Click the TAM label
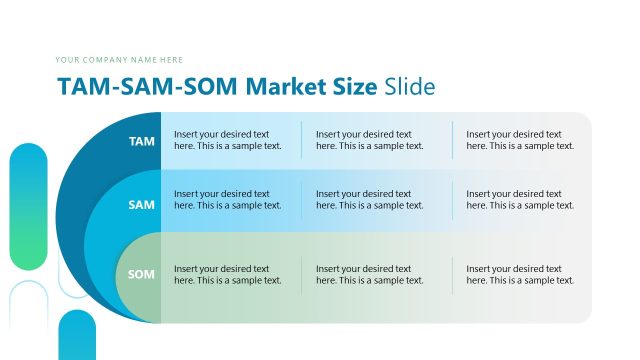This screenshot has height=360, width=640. pos(142,141)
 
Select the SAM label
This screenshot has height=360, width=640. pos(142,205)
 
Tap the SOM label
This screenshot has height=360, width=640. pos(142,274)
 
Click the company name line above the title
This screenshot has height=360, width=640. pos(119,60)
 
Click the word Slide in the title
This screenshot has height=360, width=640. pos(410,86)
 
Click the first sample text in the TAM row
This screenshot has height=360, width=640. pos(227,140)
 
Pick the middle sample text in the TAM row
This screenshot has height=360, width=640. pos(369,140)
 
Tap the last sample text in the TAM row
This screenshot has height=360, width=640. pos(520,140)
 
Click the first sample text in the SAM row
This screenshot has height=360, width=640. pos(227,199)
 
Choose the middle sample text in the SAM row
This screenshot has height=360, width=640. pos(369,199)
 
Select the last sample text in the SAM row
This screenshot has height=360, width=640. pos(520,199)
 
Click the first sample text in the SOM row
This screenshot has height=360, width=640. pos(227,274)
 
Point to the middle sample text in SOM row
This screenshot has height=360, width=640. pos(369,274)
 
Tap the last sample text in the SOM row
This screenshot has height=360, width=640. pos(520,274)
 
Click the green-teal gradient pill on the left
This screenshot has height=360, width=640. pos(28,207)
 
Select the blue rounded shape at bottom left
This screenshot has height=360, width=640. pos(76,336)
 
